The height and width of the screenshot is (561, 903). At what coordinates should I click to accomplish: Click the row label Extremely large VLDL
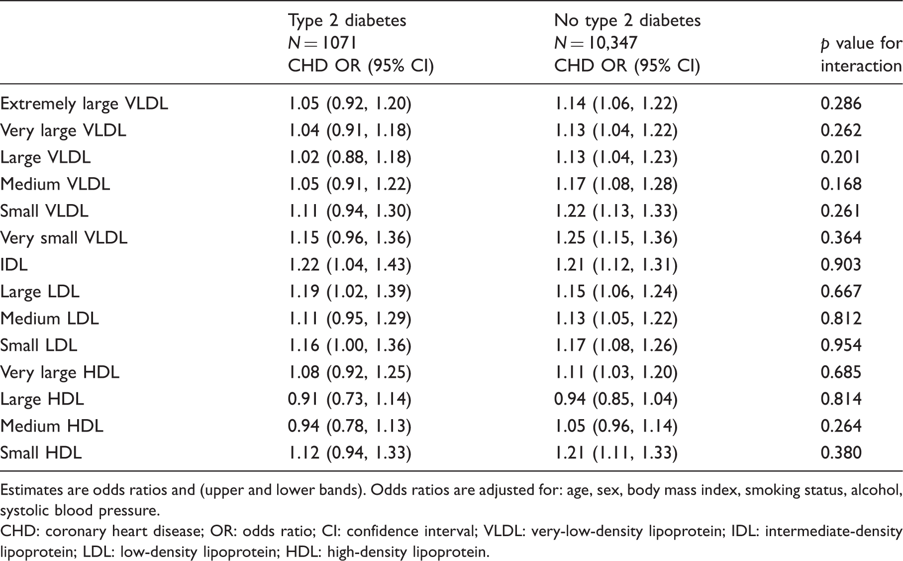84,104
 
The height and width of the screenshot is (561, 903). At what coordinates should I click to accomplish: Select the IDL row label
14,264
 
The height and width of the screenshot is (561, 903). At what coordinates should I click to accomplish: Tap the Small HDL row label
41,452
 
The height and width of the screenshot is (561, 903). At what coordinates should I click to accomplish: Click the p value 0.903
841,264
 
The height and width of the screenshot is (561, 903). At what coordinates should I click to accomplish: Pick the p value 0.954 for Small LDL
841,345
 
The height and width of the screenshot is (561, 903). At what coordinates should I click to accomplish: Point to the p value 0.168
841,184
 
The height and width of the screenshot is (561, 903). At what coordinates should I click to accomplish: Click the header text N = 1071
322,43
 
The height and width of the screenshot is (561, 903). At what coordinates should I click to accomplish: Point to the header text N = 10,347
596,43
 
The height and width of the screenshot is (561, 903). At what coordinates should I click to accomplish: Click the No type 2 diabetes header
627,20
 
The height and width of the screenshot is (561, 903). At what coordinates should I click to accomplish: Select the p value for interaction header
861,54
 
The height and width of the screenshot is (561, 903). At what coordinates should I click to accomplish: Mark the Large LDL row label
40,292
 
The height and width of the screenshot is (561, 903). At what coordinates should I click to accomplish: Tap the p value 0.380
841,452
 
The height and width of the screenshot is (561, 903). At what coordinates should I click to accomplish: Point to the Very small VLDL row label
64,238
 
